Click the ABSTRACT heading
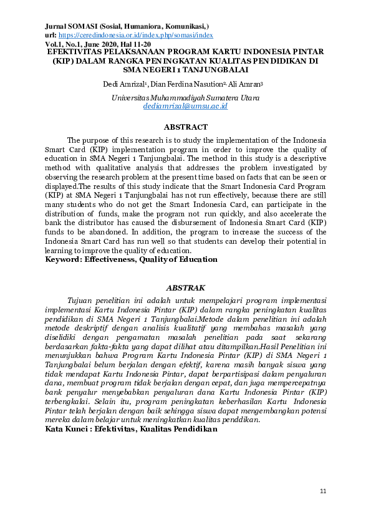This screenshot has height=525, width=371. pyautogui.click(x=185, y=127)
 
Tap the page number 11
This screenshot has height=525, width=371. pyautogui.click(x=322, y=492)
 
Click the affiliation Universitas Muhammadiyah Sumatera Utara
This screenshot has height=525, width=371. pyautogui.click(x=185, y=98)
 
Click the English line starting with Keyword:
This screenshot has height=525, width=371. pyautogui.click(x=131, y=259)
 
